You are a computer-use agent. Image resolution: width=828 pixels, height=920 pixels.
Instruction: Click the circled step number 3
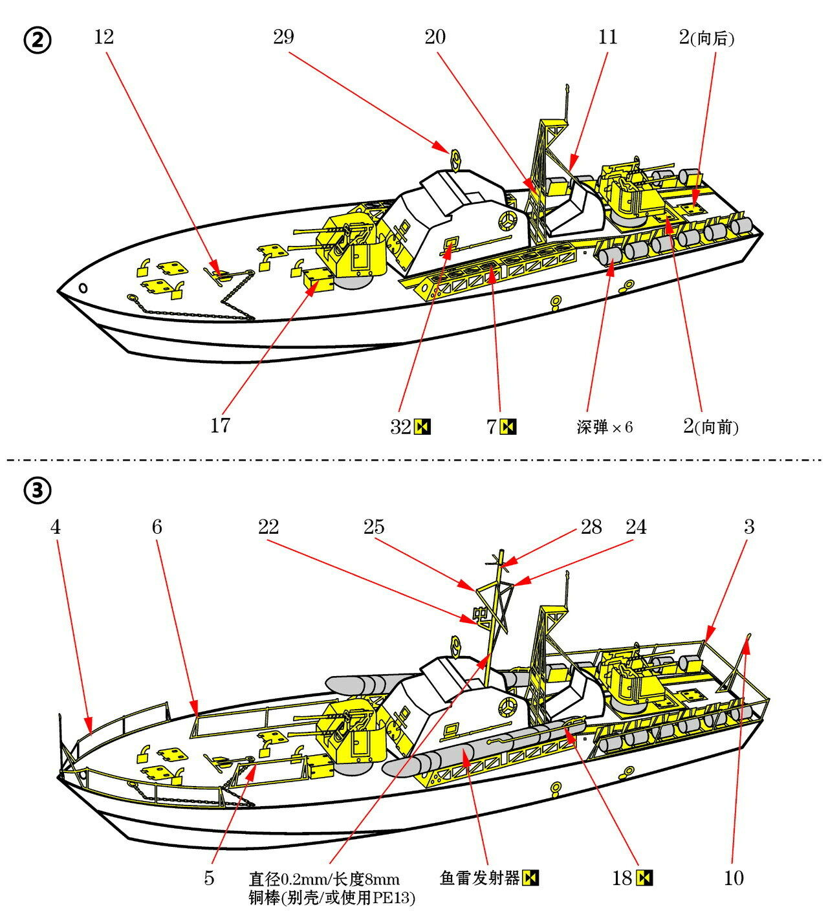[x=38, y=492]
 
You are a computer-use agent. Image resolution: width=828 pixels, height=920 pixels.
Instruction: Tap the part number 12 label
[x=103, y=37]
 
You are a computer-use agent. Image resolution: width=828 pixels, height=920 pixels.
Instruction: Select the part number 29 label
[x=283, y=37]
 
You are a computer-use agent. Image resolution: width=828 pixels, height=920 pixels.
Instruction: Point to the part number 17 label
[x=220, y=426]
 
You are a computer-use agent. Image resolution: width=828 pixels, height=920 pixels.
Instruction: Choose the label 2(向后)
[x=706, y=38]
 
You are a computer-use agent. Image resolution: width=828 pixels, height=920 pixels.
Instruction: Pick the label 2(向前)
[x=710, y=426]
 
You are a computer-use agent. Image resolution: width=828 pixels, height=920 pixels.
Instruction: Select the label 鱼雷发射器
[x=479, y=878]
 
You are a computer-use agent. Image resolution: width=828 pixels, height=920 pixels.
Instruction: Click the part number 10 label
[x=734, y=878]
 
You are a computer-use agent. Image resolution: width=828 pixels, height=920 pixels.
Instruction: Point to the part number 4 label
[x=56, y=527]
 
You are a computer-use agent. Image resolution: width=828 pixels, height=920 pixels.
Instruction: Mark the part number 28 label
[x=591, y=527]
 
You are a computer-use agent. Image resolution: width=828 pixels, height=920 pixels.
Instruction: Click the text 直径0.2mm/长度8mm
[x=324, y=879]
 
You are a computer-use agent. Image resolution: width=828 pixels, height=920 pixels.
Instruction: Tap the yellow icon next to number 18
[x=645, y=878]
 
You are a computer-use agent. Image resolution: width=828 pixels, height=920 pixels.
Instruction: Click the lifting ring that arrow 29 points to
[x=455, y=157]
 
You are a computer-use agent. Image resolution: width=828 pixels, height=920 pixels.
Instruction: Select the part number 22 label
[x=268, y=527]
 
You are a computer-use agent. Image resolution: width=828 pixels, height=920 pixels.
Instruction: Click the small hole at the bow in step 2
[x=83, y=287]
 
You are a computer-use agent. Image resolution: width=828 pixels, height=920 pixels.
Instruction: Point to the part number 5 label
[x=209, y=878]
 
